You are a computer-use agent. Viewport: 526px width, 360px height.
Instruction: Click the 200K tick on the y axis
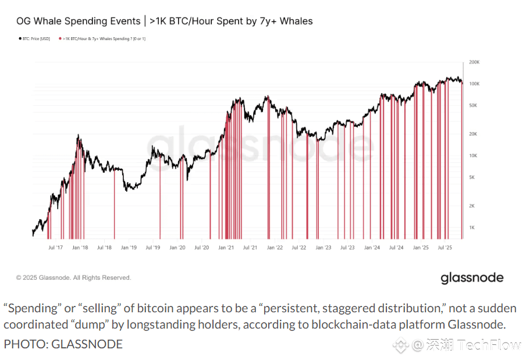click(474, 62)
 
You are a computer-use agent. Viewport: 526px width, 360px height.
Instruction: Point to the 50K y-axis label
click(474, 105)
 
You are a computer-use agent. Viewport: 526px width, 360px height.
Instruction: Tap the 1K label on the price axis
click(472, 227)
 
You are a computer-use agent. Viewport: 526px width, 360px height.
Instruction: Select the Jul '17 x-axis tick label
click(55, 247)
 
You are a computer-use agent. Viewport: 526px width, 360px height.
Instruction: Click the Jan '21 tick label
click(226, 247)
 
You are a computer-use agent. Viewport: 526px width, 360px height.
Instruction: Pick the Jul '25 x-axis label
click(445, 247)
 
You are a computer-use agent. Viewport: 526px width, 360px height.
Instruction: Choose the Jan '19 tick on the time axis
click(128, 247)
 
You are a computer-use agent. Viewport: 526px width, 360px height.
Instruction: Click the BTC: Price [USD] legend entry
click(35, 38)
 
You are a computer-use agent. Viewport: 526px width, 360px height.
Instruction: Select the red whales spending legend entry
click(102, 38)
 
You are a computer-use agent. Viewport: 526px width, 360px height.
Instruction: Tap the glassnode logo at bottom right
click(471, 278)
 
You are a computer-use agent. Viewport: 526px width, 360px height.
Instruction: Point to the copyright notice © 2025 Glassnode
click(74, 278)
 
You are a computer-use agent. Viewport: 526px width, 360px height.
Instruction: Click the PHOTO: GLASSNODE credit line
click(63, 344)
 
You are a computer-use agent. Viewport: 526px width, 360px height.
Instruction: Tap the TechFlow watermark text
click(489, 345)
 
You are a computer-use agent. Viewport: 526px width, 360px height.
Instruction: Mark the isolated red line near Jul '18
click(114, 204)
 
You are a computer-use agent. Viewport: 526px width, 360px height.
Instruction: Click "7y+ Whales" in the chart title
click(283, 22)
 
